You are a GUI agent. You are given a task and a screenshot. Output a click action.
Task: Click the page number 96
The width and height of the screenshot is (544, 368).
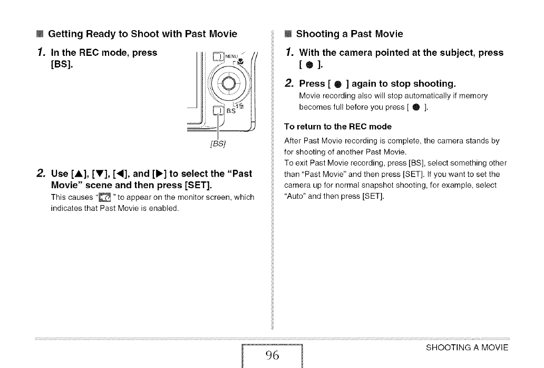point(272,354)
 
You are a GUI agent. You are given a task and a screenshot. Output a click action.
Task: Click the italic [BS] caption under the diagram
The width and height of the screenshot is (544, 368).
point(217,143)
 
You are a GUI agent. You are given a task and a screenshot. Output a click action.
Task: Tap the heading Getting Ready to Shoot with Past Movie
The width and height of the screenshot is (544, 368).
point(142,34)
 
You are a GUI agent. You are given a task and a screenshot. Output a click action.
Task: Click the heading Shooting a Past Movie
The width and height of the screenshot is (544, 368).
point(349,34)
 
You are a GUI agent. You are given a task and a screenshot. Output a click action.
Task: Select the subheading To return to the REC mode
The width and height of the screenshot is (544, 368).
point(338,127)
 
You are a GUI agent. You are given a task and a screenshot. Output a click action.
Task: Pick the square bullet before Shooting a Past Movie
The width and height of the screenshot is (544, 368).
point(288,34)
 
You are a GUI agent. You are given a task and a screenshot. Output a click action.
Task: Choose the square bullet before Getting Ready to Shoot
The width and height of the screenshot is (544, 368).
point(39,34)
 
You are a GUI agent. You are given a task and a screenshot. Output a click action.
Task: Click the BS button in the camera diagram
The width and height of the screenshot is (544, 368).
point(217,111)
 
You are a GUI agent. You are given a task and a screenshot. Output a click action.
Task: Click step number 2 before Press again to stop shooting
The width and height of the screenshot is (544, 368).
point(288,83)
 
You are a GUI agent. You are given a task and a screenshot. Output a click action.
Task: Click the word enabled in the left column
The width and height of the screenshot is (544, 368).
point(165,207)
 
